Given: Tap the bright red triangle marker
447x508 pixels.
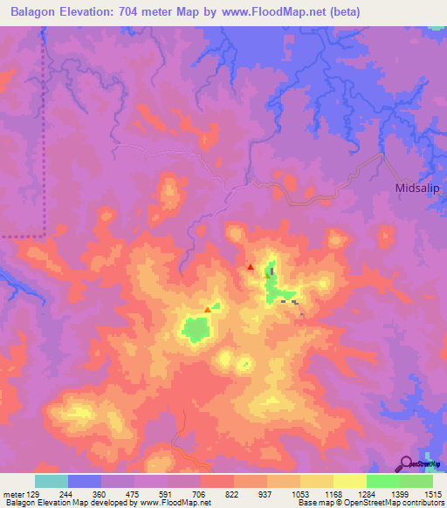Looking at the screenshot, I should pos(251,267).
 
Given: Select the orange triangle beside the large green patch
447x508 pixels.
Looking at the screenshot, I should pos(207,309).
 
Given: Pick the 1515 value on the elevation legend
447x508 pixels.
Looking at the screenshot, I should pos(433,494).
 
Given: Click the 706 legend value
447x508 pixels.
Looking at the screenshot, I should pos(199,494).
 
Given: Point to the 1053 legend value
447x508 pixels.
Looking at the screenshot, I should pos(299,494).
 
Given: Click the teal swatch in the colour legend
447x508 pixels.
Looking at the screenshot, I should pos(52,481).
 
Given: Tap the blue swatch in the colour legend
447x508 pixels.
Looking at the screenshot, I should pos(85,481).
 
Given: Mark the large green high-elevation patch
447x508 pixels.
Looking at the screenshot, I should pos(197,329).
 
